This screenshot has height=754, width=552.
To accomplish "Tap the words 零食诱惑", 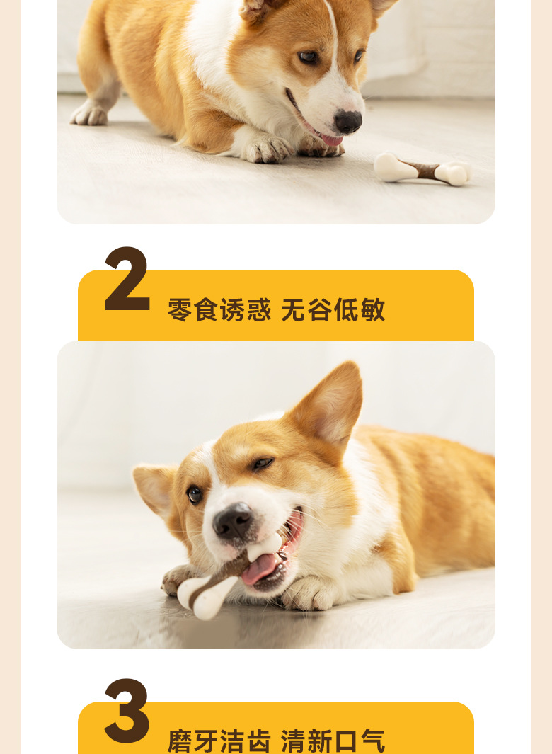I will click(219, 310).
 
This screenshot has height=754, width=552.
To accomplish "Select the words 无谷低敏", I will click(333, 310).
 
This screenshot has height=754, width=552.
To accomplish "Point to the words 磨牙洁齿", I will click(219, 741).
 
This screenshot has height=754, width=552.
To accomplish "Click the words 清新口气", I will click(333, 741).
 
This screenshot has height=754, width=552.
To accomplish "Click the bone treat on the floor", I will click(422, 169).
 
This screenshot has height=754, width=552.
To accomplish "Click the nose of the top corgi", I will click(347, 122).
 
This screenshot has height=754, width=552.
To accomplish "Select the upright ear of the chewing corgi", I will click(329, 404).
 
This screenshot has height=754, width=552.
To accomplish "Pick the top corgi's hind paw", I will click(89, 113).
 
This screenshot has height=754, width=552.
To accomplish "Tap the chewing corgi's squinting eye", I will click(262, 464).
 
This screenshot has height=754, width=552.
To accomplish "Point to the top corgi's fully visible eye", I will click(308, 57).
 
